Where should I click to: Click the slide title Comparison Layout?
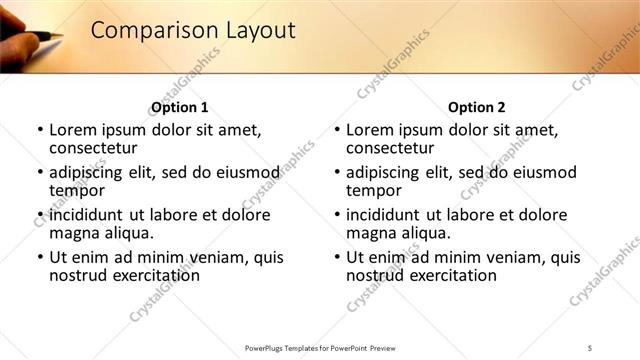193,31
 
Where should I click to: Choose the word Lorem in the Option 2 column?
371,130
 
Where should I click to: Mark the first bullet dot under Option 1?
40,131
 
